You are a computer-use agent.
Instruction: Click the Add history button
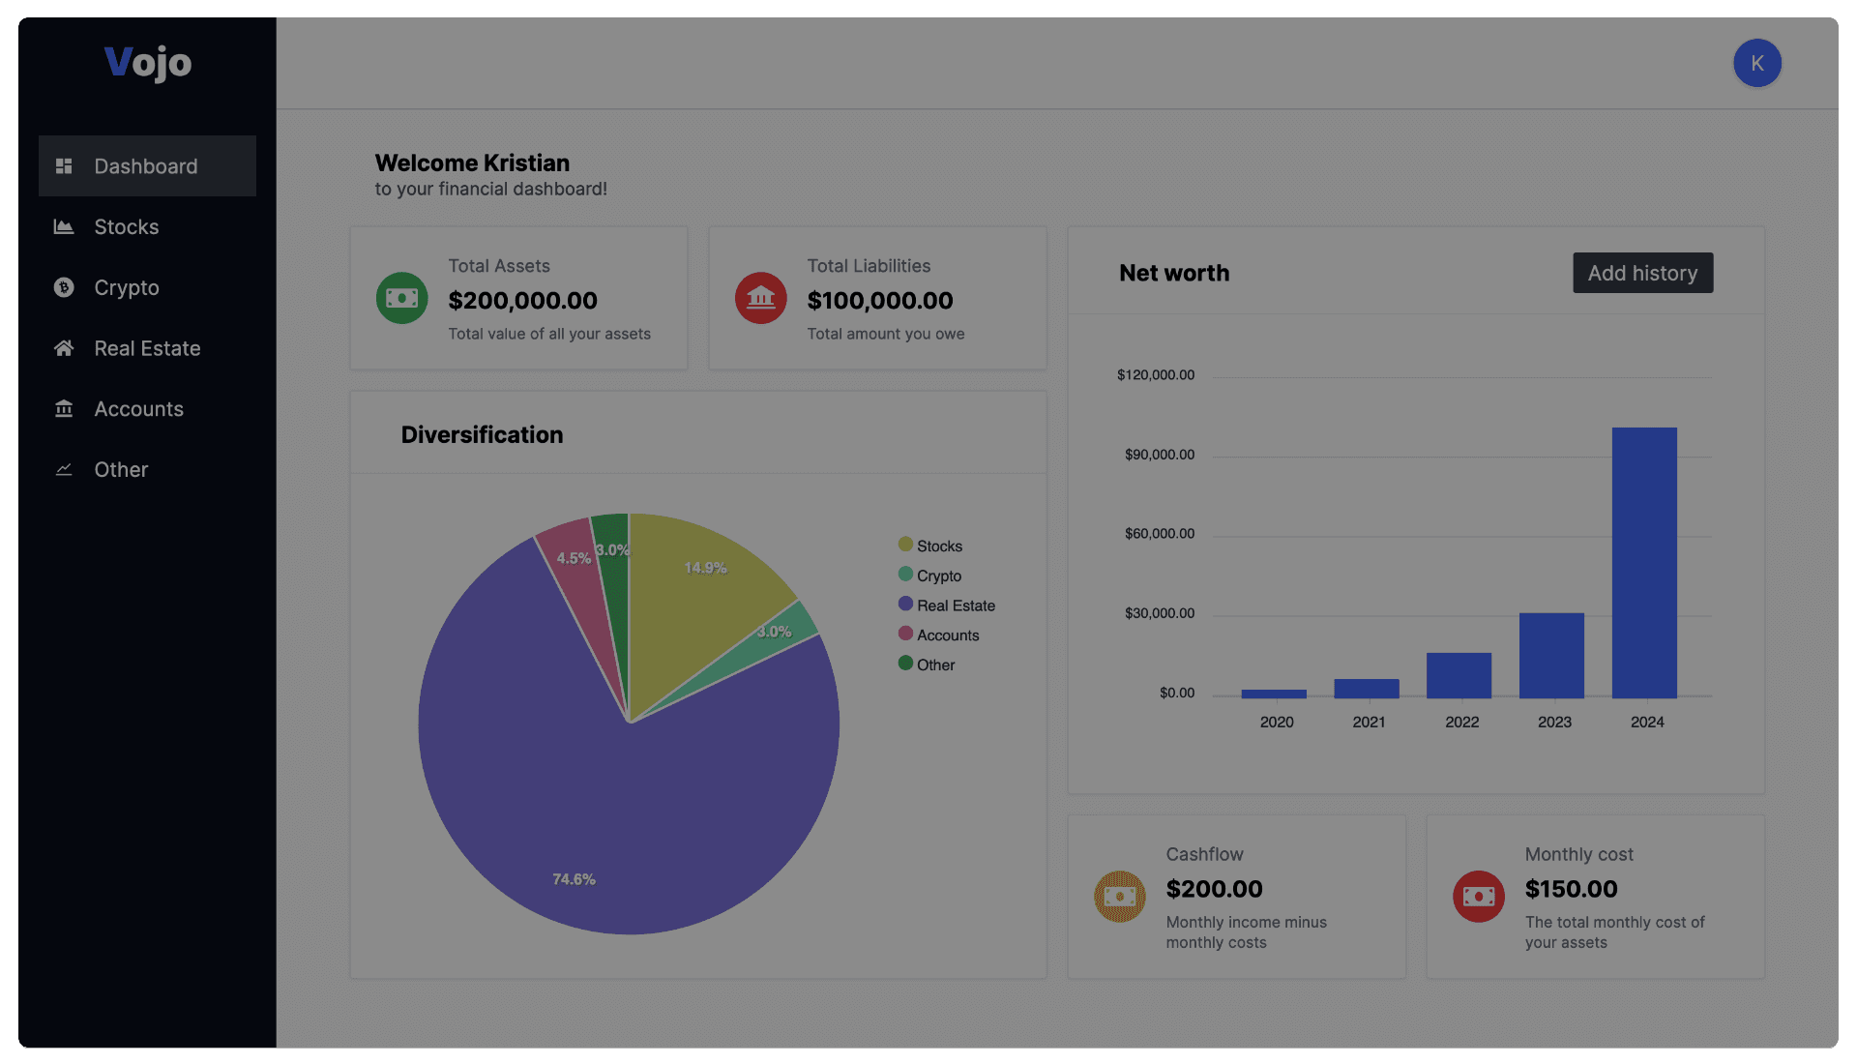pyautogui.click(x=1642, y=273)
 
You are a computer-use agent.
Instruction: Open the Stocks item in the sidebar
pyautogui.click(x=126, y=227)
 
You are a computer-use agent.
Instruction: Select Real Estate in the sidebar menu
pyautogui.click(x=147, y=348)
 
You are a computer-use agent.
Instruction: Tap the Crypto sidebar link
pyautogui.click(x=126, y=288)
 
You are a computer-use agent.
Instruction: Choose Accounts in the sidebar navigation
pyautogui.click(x=138, y=409)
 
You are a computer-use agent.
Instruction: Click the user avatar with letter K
pyautogui.click(x=1756, y=63)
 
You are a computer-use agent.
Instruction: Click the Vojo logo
pyautogui.click(x=148, y=63)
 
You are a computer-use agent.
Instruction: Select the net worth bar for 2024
pyautogui.click(x=1644, y=562)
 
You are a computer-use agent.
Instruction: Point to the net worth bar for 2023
pyautogui.click(x=1551, y=655)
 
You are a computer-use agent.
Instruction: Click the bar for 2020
pyautogui.click(x=1274, y=694)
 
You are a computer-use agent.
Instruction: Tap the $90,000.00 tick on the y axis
pyautogui.click(x=1159, y=455)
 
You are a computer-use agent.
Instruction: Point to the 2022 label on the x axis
pyautogui.click(x=1461, y=723)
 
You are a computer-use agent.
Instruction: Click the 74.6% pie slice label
pyautogui.click(x=574, y=879)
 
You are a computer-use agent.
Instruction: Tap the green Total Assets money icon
pyautogui.click(x=401, y=298)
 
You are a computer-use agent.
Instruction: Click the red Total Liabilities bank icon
pyautogui.click(x=761, y=298)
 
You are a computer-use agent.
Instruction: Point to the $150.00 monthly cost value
pyautogui.click(x=1571, y=889)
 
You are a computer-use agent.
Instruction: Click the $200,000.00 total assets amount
pyautogui.click(x=522, y=301)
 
